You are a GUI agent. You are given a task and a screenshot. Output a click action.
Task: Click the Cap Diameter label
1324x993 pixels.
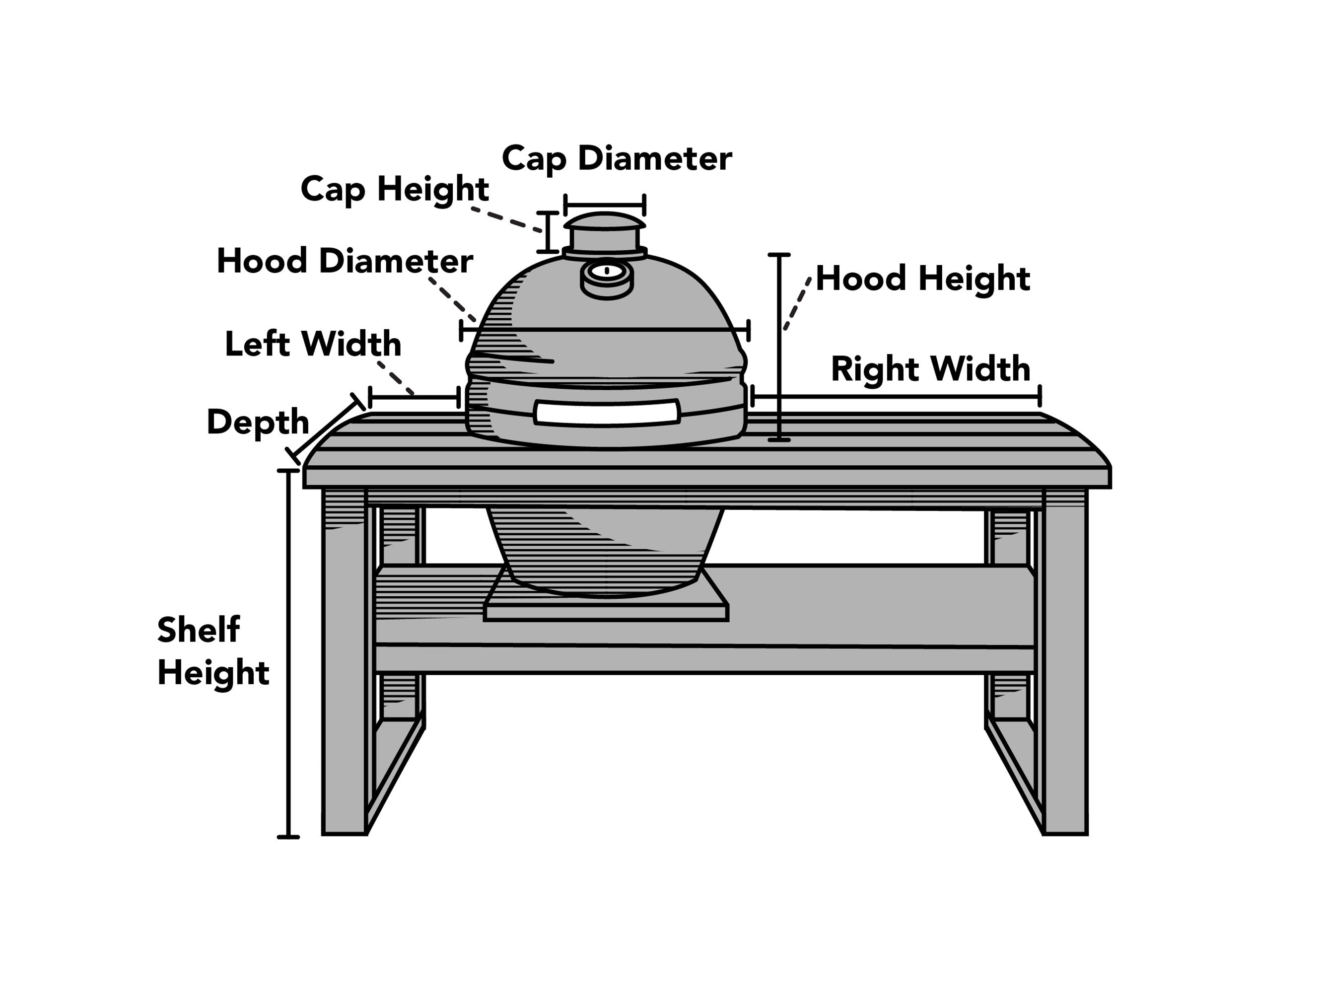[x=617, y=158]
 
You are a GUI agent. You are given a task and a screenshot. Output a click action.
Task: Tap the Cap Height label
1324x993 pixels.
[x=395, y=189]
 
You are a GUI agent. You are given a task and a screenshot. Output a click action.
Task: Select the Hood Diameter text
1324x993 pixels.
[x=345, y=261]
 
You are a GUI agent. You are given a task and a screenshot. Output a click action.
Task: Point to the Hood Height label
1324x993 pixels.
[x=922, y=279]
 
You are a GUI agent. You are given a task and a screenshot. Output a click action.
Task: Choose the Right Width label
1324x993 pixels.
[x=930, y=369]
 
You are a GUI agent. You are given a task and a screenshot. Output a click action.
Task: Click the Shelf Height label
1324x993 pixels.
[x=212, y=651]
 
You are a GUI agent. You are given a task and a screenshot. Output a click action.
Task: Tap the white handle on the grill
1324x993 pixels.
[x=607, y=413]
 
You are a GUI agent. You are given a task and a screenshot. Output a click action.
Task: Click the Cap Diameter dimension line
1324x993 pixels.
[x=605, y=204]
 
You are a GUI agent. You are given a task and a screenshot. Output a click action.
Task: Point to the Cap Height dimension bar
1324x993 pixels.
[x=547, y=232]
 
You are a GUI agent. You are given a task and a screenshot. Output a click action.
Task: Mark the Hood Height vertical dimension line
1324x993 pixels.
[x=779, y=347]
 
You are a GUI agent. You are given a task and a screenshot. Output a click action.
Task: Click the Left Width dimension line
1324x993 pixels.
[x=414, y=397]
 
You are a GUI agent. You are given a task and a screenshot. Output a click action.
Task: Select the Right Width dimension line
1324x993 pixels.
[x=896, y=396]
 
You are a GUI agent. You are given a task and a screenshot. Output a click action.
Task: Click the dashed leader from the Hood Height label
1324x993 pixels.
[x=798, y=304]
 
